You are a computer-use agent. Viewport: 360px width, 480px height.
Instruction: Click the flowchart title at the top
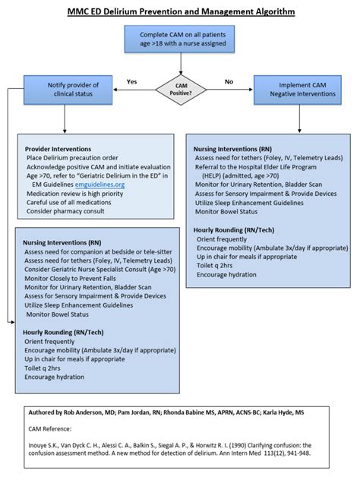(179, 11)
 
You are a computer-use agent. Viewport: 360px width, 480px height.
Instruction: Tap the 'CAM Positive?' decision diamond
(179, 89)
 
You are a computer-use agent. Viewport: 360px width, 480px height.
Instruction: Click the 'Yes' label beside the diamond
(131, 81)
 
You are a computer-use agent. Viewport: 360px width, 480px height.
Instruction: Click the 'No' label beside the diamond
(229, 81)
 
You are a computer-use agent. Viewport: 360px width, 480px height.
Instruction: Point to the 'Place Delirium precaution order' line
(72, 157)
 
